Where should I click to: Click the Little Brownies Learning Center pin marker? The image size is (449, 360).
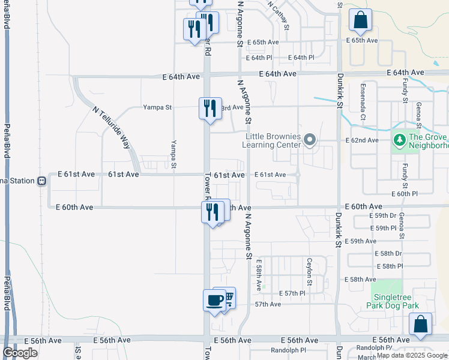click(x=310, y=140)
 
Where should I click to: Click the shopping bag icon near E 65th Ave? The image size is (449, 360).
click(x=360, y=21)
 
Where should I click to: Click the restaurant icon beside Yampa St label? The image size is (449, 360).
click(x=209, y=108)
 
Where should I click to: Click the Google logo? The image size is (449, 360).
click(x=20, y=353)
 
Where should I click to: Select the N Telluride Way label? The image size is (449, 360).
click(x=112, y=127)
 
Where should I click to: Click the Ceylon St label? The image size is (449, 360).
click(x=310, y=271)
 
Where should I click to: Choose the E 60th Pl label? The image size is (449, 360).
click(x=404, y=194)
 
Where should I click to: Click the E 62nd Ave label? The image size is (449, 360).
click(x=362, y=140)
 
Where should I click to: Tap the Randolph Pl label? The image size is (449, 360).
click(x=288, y=350)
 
